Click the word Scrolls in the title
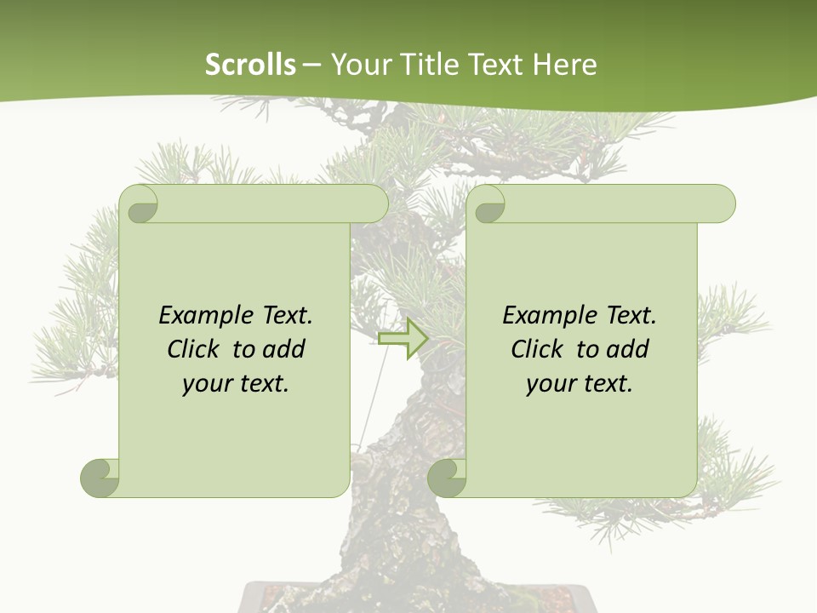coord(250,65)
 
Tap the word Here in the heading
coord(564,65)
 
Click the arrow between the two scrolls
coord(403,338)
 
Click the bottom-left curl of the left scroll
coord(100,478)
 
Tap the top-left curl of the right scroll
coord(488,204)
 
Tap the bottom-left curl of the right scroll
coord(447,478)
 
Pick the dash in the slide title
coord(312,66)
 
